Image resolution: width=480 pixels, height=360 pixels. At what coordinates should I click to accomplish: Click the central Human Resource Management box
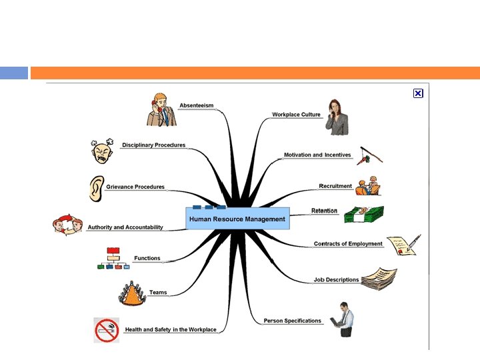[x=237, y=219]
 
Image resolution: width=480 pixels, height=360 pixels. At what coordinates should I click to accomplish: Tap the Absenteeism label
[x=196, y=105]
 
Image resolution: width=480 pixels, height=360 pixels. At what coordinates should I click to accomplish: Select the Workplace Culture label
[x=296, y=115]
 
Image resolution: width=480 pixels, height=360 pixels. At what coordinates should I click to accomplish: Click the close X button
[x=418, y=93]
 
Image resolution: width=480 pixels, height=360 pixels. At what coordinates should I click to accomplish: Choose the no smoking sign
[x=107, y=330]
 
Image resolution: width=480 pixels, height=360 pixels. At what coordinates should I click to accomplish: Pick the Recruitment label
[x=335, y=186]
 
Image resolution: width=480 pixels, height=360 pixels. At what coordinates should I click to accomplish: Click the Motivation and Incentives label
[x=317, y=155]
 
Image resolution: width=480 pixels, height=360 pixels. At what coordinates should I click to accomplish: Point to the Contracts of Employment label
[x=348, y=244]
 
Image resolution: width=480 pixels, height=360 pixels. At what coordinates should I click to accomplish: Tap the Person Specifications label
[x=292, y=321]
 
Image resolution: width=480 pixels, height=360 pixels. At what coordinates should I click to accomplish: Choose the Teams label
[x=158, y=292]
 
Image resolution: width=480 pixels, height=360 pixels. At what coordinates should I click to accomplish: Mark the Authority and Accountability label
[x=125, y=227]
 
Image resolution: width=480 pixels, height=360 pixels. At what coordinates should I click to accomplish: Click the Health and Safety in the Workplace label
[x=171, y=329]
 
